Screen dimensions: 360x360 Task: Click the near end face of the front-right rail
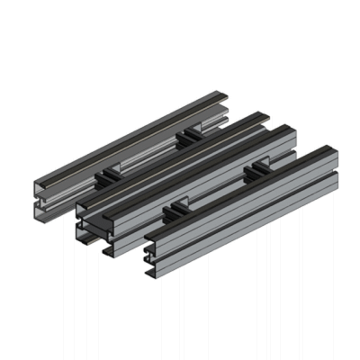(152, 248)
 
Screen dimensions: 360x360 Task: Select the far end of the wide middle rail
(286, 129)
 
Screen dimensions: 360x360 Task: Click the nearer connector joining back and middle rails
(108, 171)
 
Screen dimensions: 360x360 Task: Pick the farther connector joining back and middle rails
(192, 134)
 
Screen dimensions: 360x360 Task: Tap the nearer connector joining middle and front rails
(176, 209)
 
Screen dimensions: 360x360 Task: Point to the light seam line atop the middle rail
(180, 166)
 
